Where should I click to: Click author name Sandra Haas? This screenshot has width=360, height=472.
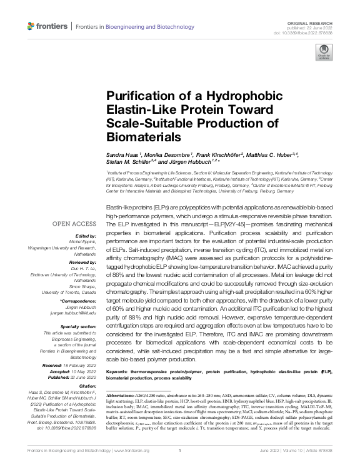coord(122,154)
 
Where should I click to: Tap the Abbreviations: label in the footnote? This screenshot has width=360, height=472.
coord(124,396)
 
